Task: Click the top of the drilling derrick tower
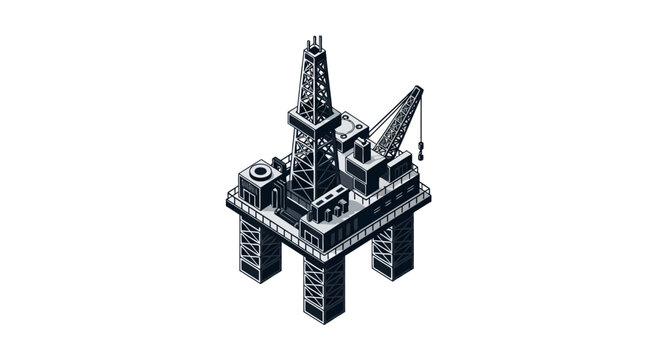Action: [315, 43]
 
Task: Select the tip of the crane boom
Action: [417, 91]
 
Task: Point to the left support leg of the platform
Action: [259, 245]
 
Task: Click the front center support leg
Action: [323, 285]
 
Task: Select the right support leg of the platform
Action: [393, 245]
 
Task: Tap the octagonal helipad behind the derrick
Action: [350, 128]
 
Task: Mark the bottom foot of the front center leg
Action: [324, 316]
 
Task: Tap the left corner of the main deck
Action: [228, 202]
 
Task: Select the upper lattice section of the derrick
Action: [314, 80]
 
